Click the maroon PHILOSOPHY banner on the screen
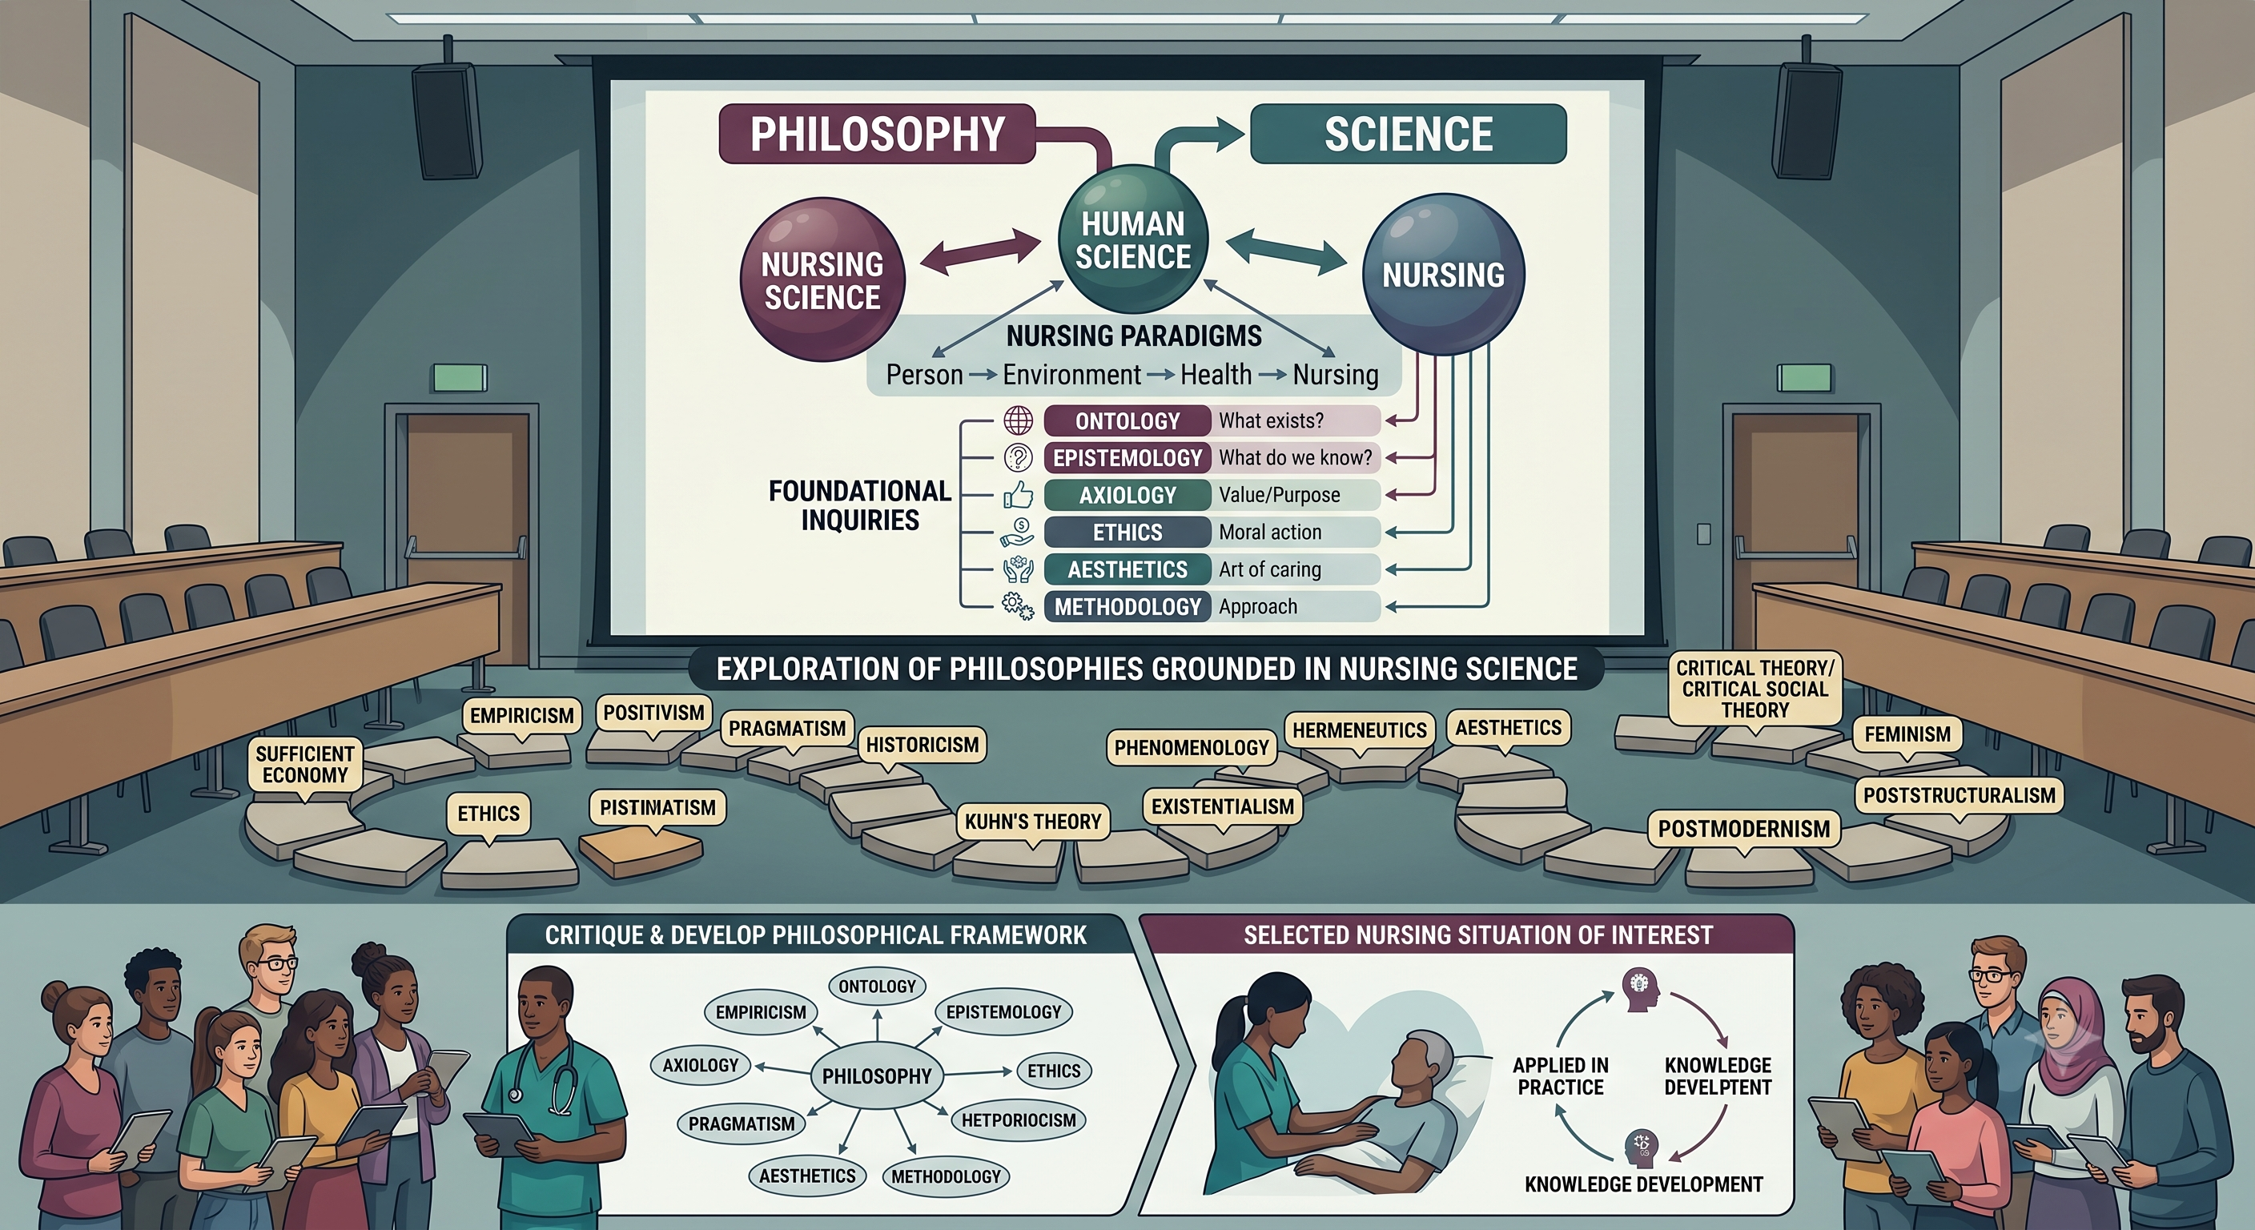pyautogui.click(x=877, y=134)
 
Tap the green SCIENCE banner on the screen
pyautogui.click(x=1408, y=134)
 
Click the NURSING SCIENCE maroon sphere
pyautogui.click(x=822, y=280)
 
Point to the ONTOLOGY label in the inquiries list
pyautogui.click(x=1127, y=421)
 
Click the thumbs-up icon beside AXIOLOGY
pyautogui.click(x=1018, y=496)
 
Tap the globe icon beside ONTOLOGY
pyautogui.click(x=1018, y=421)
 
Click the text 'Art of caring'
pyautogui.click(x=1269, y=570)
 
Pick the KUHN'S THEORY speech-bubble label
pyautogui.click(x=1033, y=823)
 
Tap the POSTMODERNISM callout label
pyautogui.click(x=1744, y=830)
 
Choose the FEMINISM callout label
pyautogui.click(x=1907, y=735)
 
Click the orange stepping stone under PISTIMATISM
pyautogui.click(x=640, y=851)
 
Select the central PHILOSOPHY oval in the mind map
pyautogui.click(x=877, y=1076)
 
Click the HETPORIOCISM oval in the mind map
pyautogui.click(x=1018, y=1120)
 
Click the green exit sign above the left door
pyautogui.click(x=460, y=378)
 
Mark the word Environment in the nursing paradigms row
pyautogui.click(x=1071, y=376)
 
